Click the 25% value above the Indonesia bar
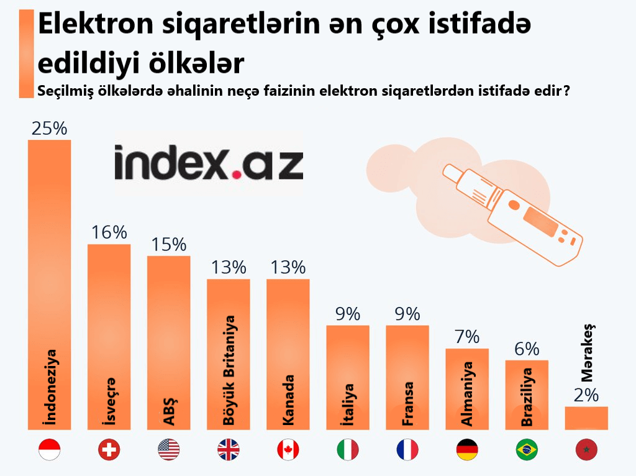pos(49,129)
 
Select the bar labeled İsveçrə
pos(109,336)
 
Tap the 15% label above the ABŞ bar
pos(168,244)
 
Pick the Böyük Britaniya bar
pos(228,354)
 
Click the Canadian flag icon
pos(288,449)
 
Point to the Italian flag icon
pos(347,449)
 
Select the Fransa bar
pos(407,377)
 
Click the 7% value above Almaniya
pos(466,337)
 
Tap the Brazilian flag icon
pos(526,449)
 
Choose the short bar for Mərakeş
pos(586,418)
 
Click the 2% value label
pos(586,395)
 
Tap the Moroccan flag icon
pos(586,449)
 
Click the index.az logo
pos(208,163)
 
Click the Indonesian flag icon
pos(49,449)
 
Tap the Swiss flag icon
pos(109,449)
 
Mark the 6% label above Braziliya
pos(526,349)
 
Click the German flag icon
pos(466,449)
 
